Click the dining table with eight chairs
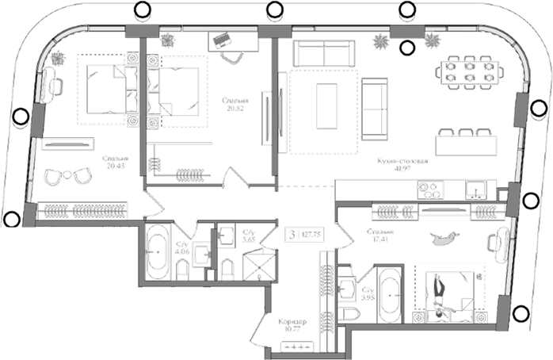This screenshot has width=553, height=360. (x=469, y=71)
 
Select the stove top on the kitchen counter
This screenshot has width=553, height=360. (x=430, y=190)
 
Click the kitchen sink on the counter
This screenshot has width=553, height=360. (x=475, y=190)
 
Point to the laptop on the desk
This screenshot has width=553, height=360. (x=222, y=37)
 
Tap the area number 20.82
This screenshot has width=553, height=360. (x=236, y=110)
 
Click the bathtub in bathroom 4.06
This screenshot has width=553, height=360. (x=155, y=251)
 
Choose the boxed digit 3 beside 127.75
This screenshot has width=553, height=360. (x=296, y=234)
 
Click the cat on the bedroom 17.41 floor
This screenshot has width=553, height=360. (x=446, y=236)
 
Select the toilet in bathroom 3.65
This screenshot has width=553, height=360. (x=227, y=268)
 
